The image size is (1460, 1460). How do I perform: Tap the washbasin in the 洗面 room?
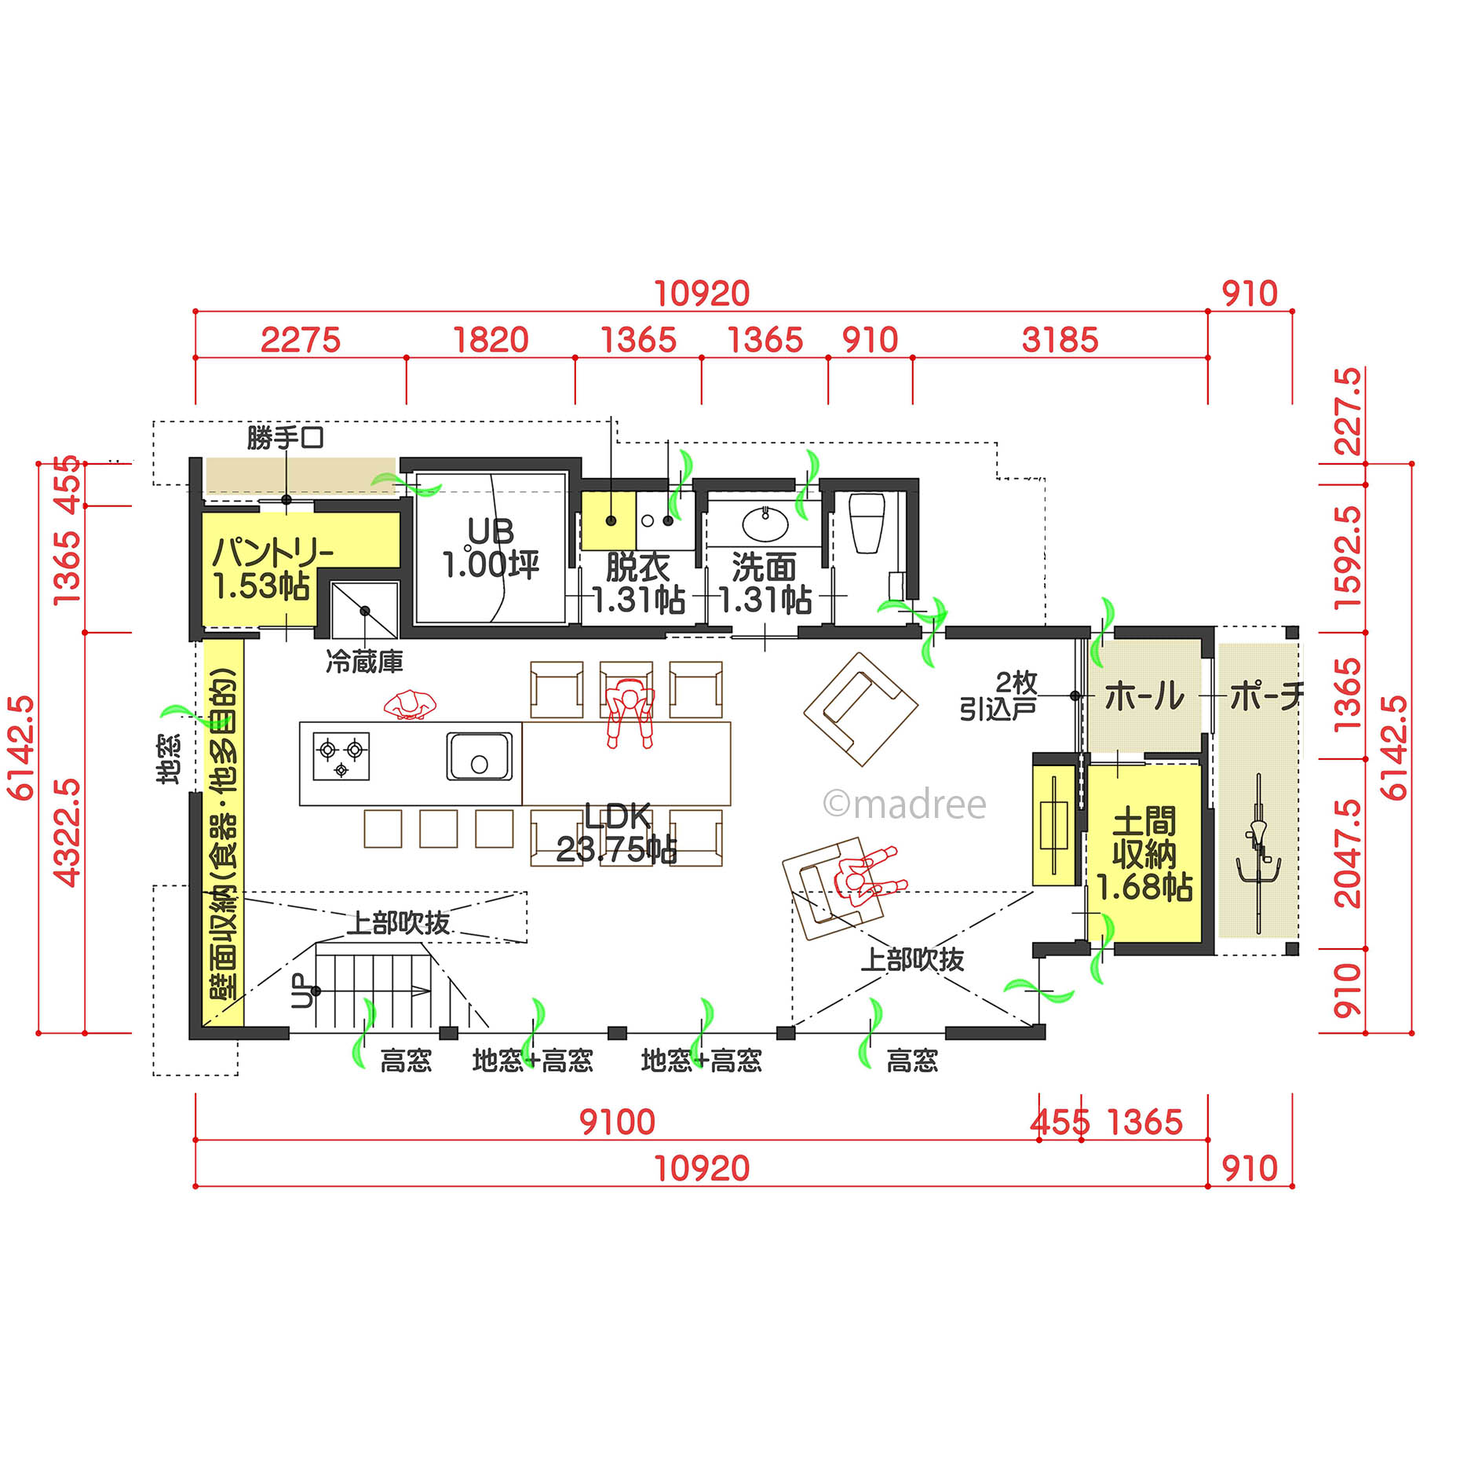coord(765,524)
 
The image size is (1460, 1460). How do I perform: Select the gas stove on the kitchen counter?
coord(341,756)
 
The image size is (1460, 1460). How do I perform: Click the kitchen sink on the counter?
coord(479,756)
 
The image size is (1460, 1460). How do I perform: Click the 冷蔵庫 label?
coord(364,662)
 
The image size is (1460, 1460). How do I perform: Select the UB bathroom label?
coord(491,531)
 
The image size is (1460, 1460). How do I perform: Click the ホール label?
coord(1144,696)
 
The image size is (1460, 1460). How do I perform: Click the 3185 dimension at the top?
coord(1060,340)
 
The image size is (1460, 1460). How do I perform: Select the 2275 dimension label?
coord(301,340)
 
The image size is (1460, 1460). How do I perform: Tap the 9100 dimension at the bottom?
coord(617,1122)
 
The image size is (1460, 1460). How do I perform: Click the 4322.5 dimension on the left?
coord(67,832)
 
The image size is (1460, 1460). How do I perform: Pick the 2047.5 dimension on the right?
coord(1348,853)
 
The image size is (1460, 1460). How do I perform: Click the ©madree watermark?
coord(904,805)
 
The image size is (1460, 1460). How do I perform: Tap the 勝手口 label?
coord(285,437)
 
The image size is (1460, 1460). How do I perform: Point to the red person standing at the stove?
coord(410,703)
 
